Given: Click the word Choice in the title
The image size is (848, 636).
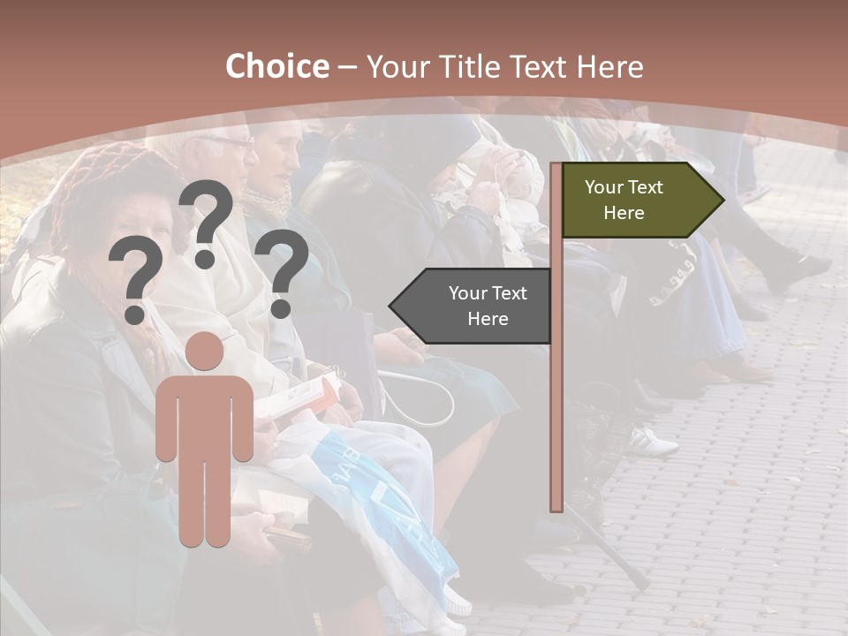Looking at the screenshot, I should (276, 67).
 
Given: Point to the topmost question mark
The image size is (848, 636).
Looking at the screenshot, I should (206, 221).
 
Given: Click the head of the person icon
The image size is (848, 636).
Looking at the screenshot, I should (205, 352).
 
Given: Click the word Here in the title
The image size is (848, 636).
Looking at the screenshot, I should (609, 67).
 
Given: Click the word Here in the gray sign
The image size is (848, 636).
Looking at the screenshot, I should (488, 319).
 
